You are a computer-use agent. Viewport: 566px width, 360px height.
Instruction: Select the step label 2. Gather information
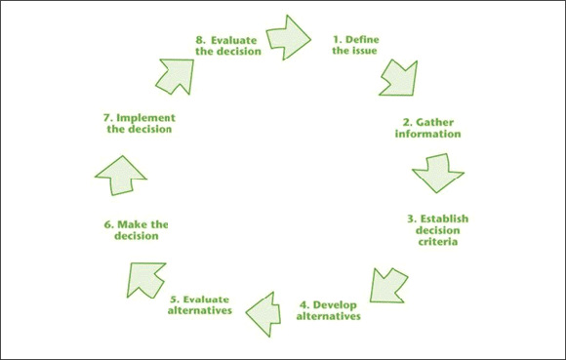(x=427, y=128)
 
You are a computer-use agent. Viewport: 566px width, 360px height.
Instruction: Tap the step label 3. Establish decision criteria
(x=432, y=230)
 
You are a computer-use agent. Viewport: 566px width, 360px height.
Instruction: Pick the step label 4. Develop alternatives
(x=330, y=310)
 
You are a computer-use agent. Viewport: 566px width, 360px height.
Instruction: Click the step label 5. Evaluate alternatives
(x=201, y=304)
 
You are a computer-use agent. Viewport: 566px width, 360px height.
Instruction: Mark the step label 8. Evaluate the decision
(x=224, y=46)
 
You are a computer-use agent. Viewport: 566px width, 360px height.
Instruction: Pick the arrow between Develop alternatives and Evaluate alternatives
(x=265, y=313)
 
